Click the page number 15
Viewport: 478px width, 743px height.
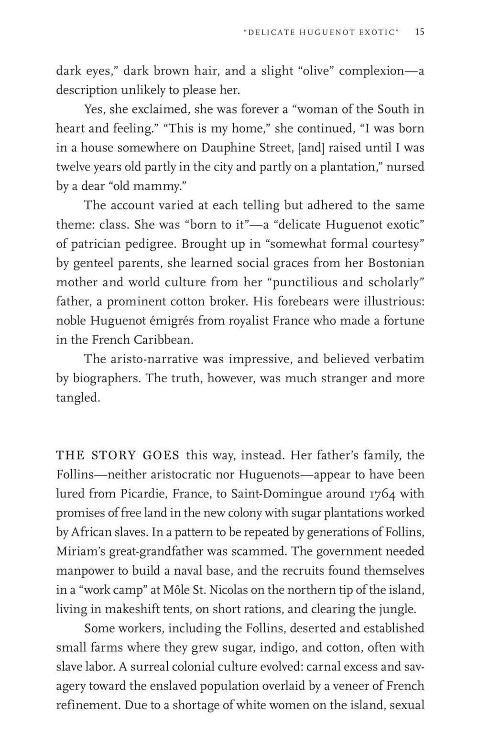click(420, 32)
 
